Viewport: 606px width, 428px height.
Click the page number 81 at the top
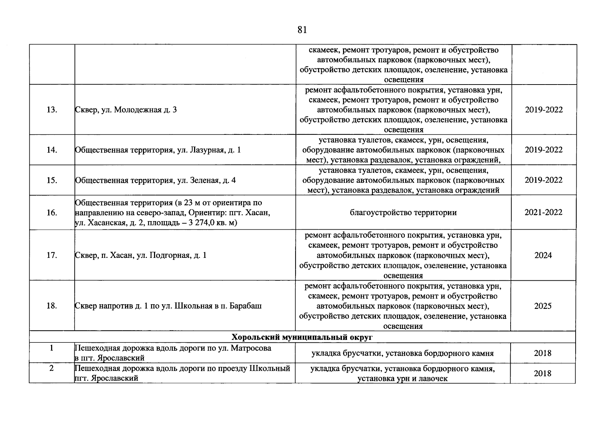[x=302, y=30]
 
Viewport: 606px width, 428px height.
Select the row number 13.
[x=52, y=110]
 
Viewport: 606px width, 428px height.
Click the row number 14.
[x=52, y=150]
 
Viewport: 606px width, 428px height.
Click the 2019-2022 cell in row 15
[x=543, y=180]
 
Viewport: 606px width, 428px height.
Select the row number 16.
[x=52, y=213]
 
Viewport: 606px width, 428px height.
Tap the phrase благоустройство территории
[x=403, y=213]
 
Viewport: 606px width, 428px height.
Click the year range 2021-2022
[x=543, y=213]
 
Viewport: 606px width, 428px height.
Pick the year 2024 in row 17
[x=543, y=255]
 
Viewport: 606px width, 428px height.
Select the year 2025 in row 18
[x=543, y=306]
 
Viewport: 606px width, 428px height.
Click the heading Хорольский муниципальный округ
[x=302, y=337]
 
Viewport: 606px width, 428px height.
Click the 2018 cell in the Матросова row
[x=543, y=353]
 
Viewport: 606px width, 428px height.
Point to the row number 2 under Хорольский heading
[x=52, y=368]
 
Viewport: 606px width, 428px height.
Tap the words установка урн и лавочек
[x=403, y=378]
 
